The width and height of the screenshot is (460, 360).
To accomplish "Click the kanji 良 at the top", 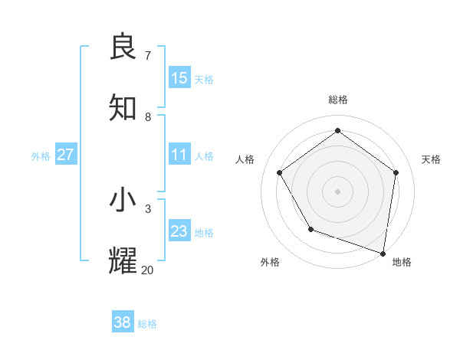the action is tap(123, 47).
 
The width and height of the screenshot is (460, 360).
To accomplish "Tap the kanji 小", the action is tap(123, 200).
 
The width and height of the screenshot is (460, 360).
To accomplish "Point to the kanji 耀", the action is tap(123, 261).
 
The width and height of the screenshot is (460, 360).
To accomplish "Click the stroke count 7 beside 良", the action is tap(147, 56).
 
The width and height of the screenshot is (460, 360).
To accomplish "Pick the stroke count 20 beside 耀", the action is tap(147, 270).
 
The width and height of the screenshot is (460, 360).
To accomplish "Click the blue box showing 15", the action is tap(179, 78).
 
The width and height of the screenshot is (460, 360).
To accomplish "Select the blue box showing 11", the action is tap(179, 155).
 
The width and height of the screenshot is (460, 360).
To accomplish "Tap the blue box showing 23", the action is tap(179, 231).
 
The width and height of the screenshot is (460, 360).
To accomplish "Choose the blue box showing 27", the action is tap(65, 155).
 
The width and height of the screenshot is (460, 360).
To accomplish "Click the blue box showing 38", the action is tap(123, 322).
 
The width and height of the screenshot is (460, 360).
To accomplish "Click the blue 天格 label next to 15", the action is tap(203, 80).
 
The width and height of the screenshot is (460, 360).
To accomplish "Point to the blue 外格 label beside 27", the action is tap(41, 156).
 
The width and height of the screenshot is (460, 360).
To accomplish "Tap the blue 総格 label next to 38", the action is tap(147, 324).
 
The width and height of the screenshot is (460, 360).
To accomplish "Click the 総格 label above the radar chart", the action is tap(337, 100).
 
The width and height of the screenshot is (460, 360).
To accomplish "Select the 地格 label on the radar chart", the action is tap(402, 262).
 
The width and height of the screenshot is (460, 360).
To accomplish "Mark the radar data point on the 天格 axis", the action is tap(396, 172).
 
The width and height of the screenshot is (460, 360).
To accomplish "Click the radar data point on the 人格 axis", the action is tap(279, 172).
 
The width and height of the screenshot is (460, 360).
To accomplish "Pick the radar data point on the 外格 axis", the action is tap(310, 229).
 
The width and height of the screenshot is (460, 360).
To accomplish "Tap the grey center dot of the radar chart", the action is tap(337, 191).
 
